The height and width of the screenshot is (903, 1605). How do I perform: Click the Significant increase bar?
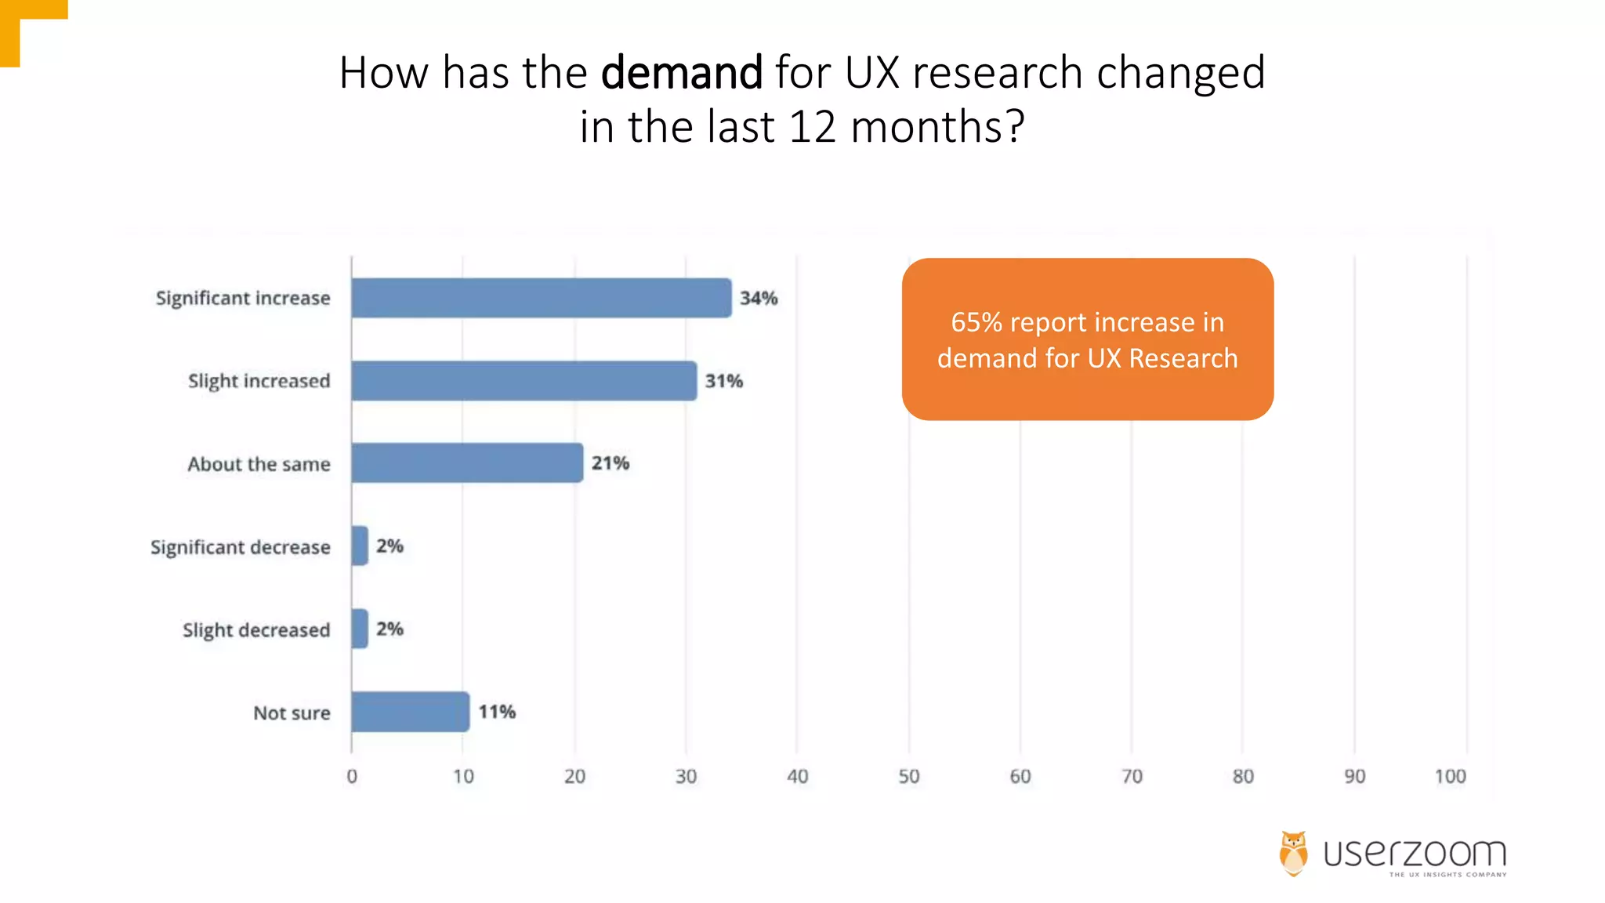(541, 298)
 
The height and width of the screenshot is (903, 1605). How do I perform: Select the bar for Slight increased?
(524, 381)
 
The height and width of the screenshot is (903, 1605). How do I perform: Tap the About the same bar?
(467, 463)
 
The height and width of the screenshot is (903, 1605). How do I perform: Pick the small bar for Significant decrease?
(360, 546)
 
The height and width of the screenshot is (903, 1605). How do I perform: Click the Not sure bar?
(411, 712)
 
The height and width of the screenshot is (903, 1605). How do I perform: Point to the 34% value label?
(759, 299)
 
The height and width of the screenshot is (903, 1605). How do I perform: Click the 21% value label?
(610, 463)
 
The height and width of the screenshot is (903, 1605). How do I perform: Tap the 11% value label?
(497, 712)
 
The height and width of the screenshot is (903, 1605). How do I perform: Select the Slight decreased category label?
(256, 630)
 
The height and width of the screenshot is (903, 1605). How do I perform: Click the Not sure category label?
(292, 713)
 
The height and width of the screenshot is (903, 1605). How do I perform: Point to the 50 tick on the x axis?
(909, 776)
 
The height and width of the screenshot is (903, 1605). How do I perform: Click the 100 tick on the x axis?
(1450, 776)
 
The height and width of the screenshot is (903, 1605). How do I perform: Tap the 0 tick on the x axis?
(352, 776)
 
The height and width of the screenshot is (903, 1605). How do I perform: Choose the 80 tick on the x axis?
(1243, 776)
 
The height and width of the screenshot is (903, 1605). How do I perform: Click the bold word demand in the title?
(681, 73)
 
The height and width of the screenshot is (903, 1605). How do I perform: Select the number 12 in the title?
(813, 127)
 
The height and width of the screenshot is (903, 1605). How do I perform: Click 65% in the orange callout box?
(976, 322)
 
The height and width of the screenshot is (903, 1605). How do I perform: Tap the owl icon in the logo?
(1294, 853)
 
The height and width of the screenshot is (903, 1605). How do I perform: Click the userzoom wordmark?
(1415, 853)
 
